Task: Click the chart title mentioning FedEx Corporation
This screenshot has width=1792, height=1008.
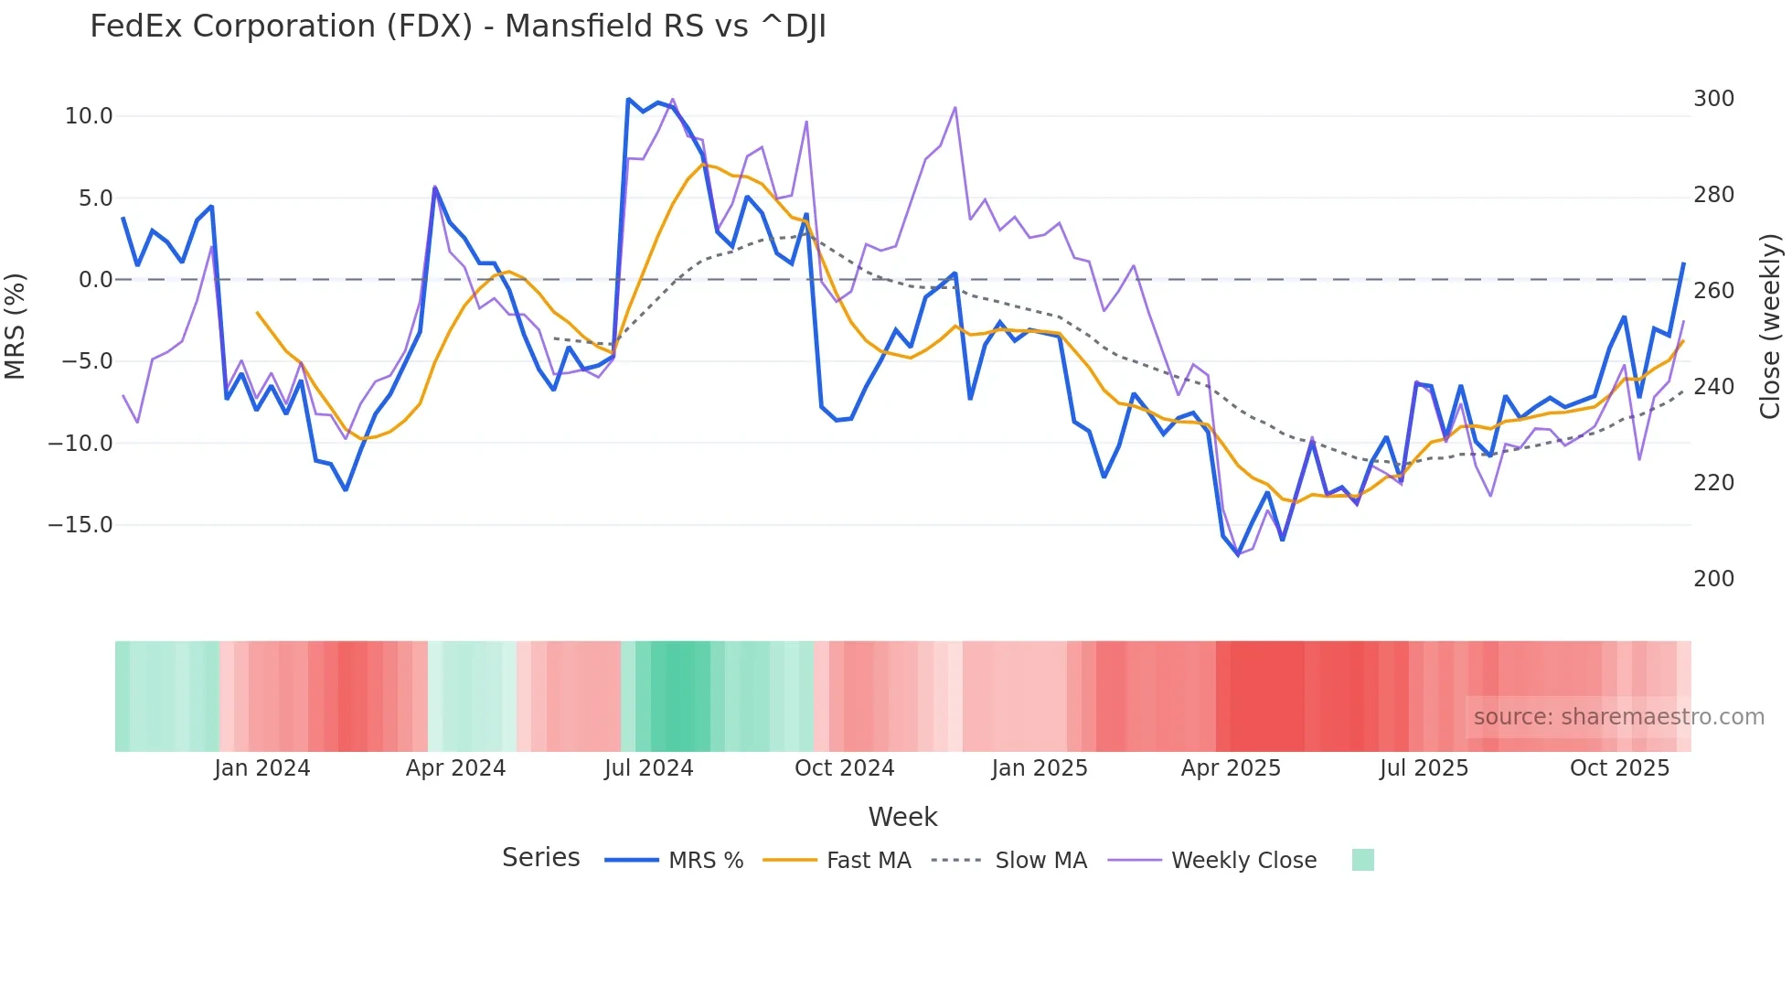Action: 457,27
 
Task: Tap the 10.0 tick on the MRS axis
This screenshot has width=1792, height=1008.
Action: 89,116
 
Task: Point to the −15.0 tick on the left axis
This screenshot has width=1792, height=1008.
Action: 80,525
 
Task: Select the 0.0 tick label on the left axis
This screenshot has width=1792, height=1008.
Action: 95,280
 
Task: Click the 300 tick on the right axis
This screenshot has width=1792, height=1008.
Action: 1713,99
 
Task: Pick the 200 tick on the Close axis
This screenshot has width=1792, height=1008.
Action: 1713,579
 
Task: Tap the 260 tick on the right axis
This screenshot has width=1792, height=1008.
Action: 1713,291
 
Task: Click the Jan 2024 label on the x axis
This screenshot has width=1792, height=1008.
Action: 262,768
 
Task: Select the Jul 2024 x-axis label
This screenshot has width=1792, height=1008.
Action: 648,768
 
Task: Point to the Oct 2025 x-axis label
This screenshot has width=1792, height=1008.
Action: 1619,768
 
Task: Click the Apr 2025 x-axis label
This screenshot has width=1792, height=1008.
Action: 1231,768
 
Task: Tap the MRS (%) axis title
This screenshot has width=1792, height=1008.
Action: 16,327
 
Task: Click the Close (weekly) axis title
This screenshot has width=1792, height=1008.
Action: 1770,327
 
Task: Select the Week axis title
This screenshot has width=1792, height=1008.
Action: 902,817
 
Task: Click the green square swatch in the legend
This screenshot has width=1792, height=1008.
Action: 1362,860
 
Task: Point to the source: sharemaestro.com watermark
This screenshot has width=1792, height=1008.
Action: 1618,717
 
